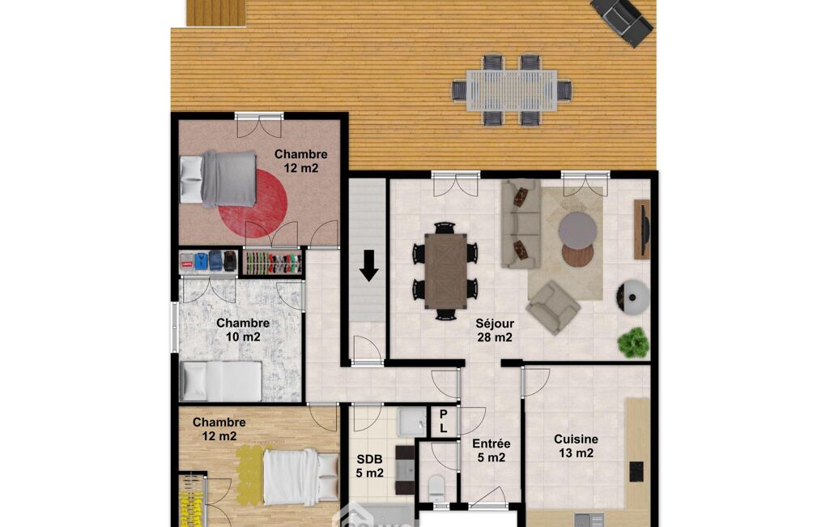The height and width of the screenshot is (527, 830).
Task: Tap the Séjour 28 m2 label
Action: tap(494, 330)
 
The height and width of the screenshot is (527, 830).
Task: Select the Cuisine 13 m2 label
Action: tap(576, 446)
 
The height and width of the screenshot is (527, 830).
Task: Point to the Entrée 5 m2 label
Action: tap(492, 450)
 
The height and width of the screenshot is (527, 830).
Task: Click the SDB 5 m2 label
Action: tap(369, 466)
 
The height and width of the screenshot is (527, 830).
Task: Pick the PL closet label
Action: tap(444, 422)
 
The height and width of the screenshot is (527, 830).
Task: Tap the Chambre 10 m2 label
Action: tap(243, 330)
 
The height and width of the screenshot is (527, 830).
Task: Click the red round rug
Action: tap(253, 204)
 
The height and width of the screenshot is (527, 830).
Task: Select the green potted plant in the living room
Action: tap(633, 342)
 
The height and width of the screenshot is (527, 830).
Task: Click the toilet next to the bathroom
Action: tap(436, 488)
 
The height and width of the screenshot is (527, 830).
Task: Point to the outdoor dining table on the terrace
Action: tap(511, 90)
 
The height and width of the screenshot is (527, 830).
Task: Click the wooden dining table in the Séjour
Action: tap(445, 271)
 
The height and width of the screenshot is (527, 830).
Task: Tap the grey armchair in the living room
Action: tap(554, 307)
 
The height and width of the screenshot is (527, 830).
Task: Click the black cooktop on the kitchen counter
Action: tap(636, 471)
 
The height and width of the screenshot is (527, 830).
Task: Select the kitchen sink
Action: tap(589, 519)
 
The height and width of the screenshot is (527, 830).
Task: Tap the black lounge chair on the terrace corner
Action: tap(622, 20)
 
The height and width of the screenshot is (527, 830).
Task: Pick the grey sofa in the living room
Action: tap(521, 224)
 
